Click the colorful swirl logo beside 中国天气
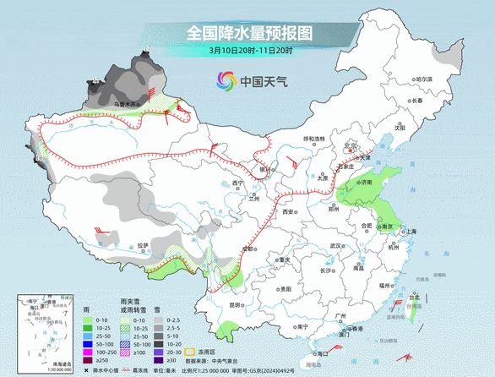click(225, 81)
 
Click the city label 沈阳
click(388, 128)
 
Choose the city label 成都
click(247, 249)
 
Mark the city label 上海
click(411, 231)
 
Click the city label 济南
click(366, 182)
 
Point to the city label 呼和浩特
click(314, 139)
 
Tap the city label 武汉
click(336, 245)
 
